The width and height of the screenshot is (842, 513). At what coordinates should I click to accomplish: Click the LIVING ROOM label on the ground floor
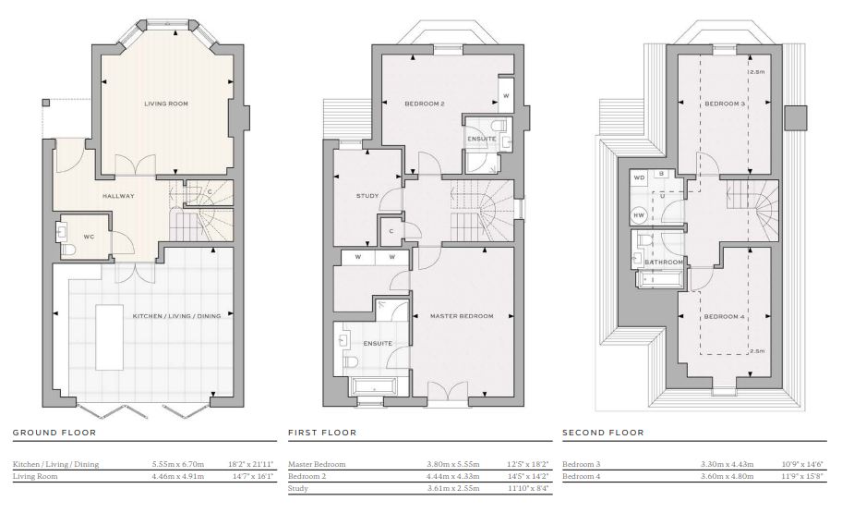[166, 104]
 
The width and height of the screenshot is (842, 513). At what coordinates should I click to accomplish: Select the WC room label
[89, 237]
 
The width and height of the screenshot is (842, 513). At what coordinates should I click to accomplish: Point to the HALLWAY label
[118, 196]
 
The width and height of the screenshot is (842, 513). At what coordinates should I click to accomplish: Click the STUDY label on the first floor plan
[367, 196]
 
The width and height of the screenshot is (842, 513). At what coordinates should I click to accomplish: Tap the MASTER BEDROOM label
[462, 316]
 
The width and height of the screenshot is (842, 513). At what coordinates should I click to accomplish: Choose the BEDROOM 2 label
[425, 104]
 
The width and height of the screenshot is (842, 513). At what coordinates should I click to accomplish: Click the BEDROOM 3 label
[725, 104]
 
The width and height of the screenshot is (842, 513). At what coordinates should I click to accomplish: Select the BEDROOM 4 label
[725, 317]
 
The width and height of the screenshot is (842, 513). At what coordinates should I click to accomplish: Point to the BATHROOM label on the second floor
[664, 263]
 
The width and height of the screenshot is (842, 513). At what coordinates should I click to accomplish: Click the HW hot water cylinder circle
[639, 215]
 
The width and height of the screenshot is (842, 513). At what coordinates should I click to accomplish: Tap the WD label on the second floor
[639, 177]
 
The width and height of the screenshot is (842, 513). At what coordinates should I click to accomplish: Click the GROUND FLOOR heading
[54, 433]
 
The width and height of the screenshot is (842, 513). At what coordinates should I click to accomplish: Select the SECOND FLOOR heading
[603, 433]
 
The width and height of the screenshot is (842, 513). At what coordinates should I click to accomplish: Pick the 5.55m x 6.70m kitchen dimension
[178, 464]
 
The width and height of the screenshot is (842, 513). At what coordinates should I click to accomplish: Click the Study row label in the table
[298, 489]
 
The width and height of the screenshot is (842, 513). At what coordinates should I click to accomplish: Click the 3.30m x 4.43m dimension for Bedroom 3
[728, 464]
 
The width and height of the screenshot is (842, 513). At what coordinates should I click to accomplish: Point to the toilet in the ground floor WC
[69, 250]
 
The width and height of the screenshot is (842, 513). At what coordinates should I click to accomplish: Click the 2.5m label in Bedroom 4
[757, 351]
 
